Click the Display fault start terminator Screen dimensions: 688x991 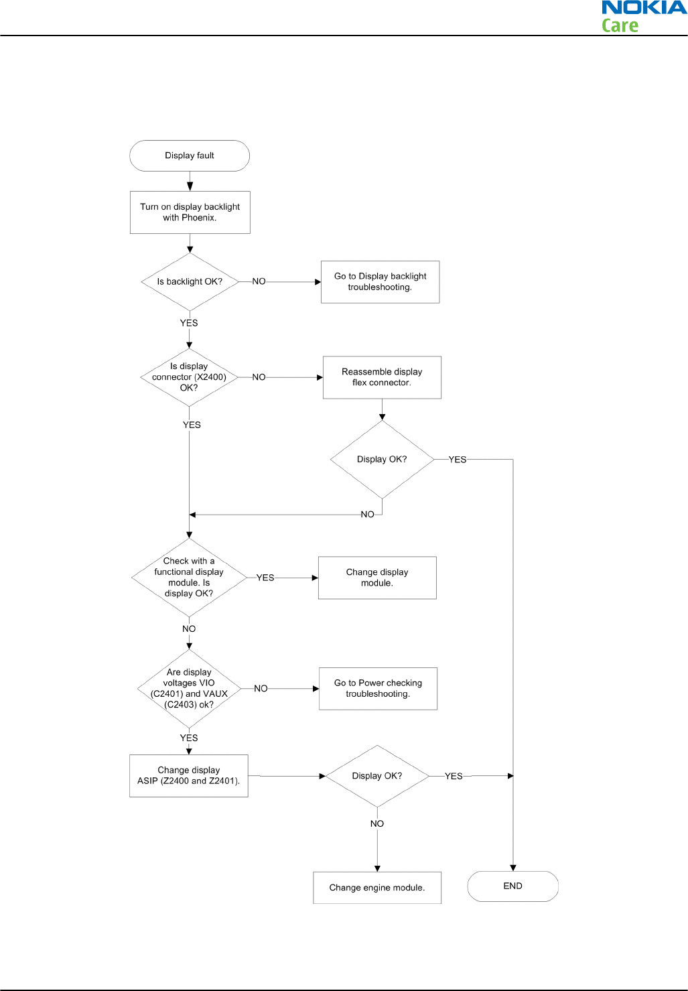190,155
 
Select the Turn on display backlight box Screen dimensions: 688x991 190,212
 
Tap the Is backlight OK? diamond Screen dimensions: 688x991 190,282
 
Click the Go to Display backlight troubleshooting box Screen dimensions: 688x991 380,282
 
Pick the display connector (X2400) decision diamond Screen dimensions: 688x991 190,377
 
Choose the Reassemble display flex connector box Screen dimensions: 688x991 382,377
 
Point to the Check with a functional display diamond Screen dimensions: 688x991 189,578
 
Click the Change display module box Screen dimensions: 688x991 377,578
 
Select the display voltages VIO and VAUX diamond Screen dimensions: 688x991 189,688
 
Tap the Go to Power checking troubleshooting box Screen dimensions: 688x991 378,689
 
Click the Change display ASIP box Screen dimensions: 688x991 189,776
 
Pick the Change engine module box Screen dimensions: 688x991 377,888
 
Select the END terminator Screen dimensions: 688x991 512,886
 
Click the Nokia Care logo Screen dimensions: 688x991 644,16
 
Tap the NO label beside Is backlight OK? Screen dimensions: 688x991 259,281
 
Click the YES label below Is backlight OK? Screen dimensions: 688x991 189,323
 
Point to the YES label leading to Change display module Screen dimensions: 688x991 265,578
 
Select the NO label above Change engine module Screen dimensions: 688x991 377,823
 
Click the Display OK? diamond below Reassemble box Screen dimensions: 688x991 383,459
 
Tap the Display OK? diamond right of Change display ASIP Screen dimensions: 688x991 377,776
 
